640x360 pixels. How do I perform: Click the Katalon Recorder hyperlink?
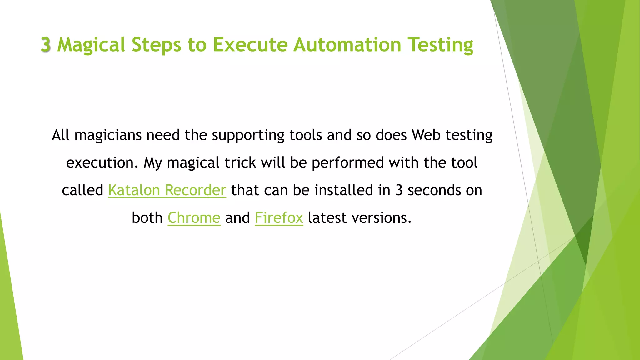click(167, 190)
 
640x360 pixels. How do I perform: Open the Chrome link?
click(194, 217)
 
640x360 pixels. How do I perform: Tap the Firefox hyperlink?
click(279, 217)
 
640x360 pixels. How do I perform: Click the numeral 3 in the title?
click(46, 45)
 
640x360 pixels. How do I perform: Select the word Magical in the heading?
click(91, 45)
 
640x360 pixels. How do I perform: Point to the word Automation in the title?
click(347, 45)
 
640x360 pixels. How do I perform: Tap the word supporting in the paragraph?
click(248, 135)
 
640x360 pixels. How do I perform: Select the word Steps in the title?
click(156, 45)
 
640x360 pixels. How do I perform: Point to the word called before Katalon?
click(82, 190)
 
